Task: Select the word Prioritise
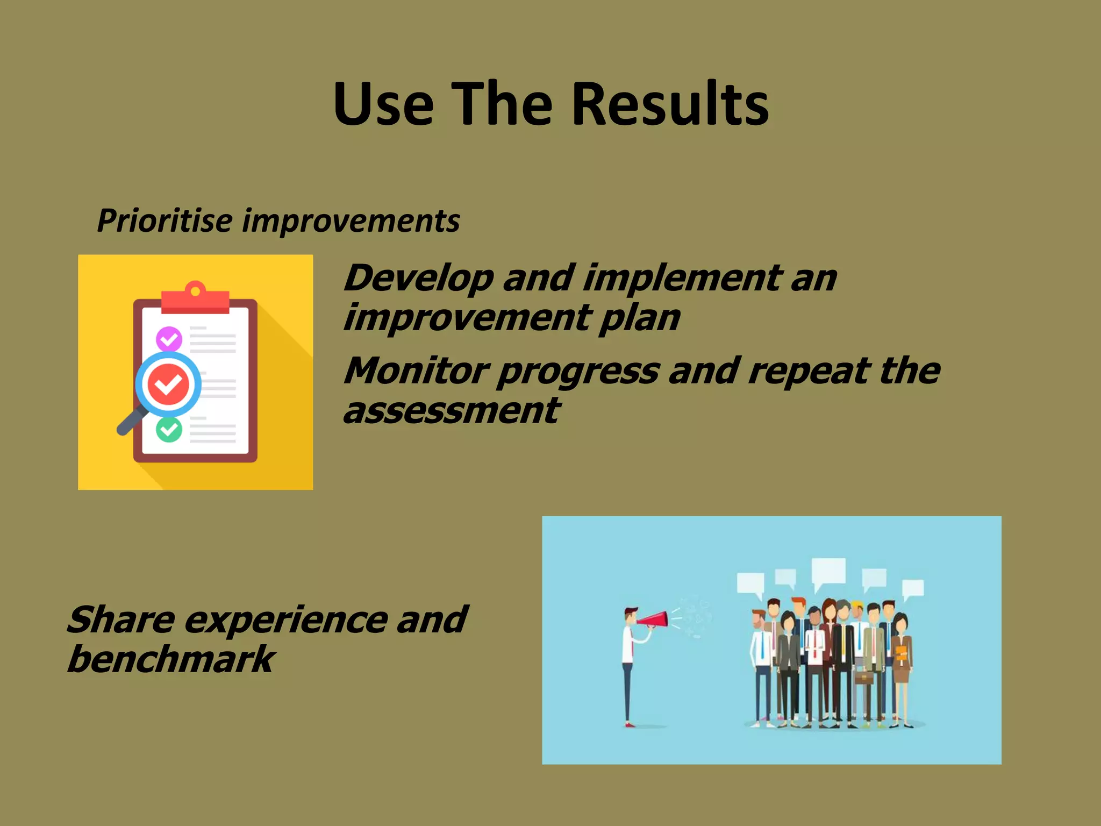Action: pos(165,220)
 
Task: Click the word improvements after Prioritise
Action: pos(351,222)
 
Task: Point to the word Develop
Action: pos(418,279)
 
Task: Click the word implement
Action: pos(683,279)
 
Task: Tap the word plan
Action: pos(640,318)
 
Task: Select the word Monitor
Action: pos(417,371)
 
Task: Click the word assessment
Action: pos(452,411)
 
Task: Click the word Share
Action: pos(121,620)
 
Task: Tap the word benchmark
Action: pos(171,660)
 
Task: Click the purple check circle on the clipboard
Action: pos(169,339)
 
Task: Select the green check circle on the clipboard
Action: pos(169,429)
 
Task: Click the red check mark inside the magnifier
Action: pos(168,384)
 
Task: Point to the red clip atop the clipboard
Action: pos(195,298)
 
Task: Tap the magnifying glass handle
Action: pos(131,421)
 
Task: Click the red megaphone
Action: pos(653,620)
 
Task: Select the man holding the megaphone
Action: pos(628,667)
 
